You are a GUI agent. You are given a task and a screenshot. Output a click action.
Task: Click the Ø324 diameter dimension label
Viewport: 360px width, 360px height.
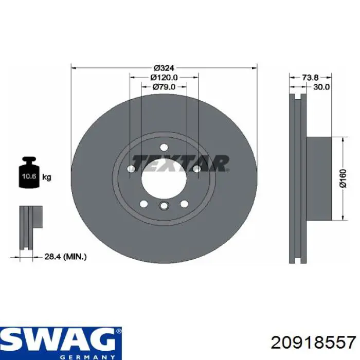164,68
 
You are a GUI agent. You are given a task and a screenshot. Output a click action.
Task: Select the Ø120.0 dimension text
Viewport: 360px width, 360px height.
164,78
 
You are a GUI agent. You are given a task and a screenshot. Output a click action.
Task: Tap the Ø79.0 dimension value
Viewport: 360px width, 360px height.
164,87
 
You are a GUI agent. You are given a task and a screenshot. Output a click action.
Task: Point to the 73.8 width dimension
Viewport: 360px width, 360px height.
310,78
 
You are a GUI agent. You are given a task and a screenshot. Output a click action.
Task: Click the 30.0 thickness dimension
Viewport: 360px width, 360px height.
321,87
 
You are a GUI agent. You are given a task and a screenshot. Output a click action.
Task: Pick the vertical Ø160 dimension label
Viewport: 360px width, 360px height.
343,178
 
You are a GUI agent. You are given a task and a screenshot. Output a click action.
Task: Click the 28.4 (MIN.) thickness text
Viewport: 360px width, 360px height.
65,257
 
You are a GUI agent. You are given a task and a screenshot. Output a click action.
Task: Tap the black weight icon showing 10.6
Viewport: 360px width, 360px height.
29,172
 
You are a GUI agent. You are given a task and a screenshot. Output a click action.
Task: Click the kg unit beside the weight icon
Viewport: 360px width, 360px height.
47,177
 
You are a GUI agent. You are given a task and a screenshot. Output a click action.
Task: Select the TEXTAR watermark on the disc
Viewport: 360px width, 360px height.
181,163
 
